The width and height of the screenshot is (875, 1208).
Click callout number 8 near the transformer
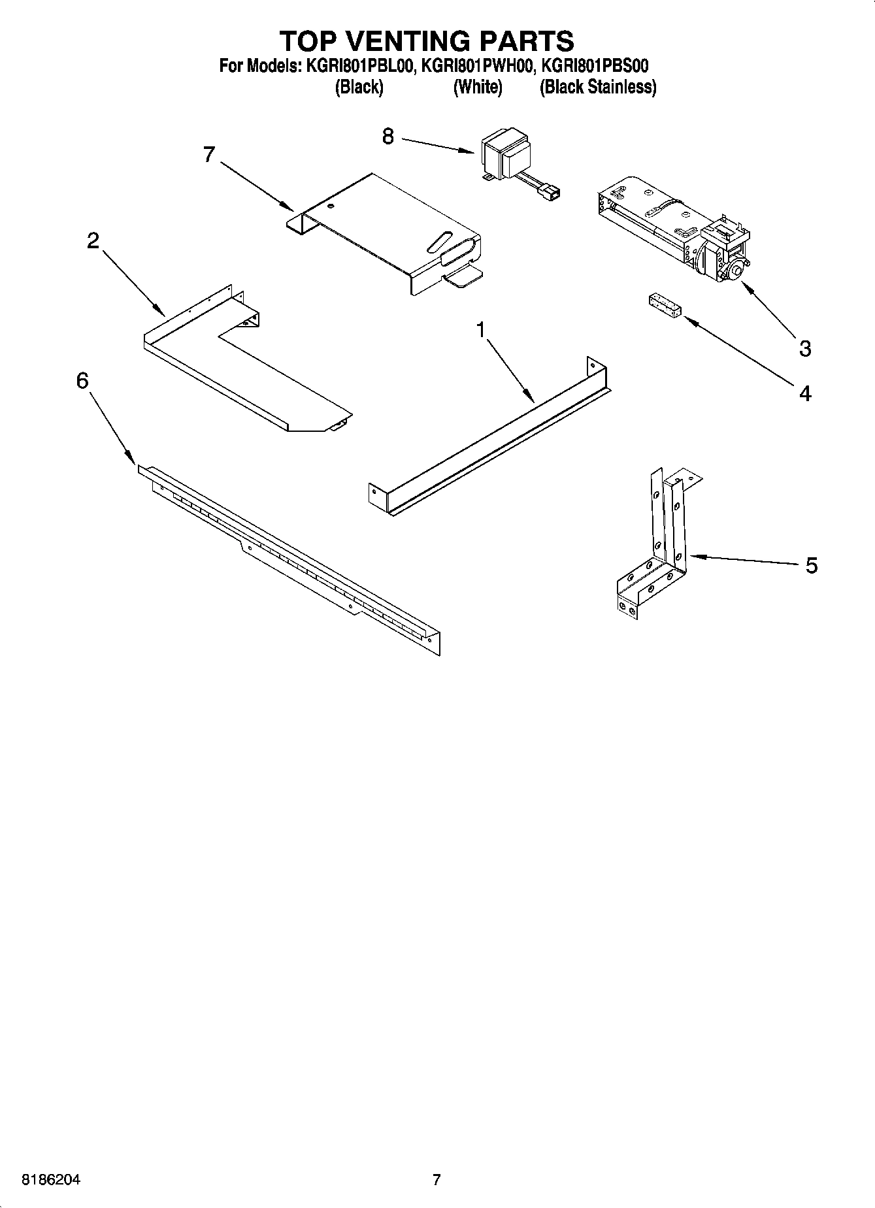click(x=388, y=137)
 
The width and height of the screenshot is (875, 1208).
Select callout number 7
click(x=209, y=155)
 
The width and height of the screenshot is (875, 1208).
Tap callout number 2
click(x=93, y=241)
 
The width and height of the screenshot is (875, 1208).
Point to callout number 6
click(x=82, y=380)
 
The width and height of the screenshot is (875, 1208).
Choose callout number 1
click(x=482, y=331)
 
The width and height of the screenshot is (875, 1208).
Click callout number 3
click(x=805, y=348)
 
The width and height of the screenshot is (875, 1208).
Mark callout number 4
click(x=805, y=393)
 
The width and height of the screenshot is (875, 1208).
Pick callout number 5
click(x=811, y=565)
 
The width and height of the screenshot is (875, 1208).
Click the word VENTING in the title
click(x=427, y=41)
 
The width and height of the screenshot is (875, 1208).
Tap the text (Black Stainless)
click(x=597, y=87)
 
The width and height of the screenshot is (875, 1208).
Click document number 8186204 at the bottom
click(x=52, y=1180)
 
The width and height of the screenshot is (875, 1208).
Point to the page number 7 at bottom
click(x=437, y=1180)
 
